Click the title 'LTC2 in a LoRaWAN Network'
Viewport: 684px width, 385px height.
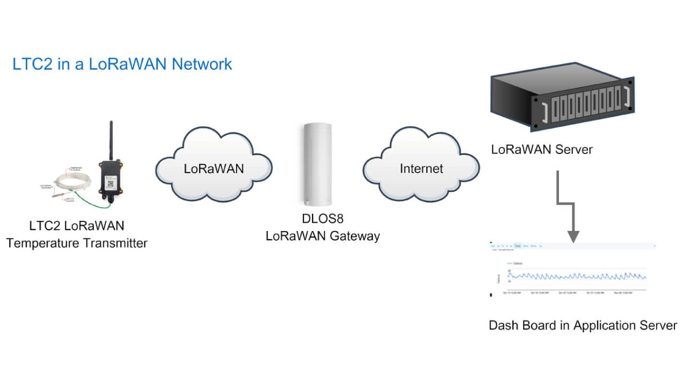pyautogui.click(x=122, y=64)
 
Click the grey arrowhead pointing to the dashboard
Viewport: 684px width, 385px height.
pyautogui.click(x=573, y=236)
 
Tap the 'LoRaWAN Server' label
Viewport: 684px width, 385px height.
pyautogui.click(x=542, y=150)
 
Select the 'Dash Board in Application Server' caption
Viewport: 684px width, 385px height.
pyautogui.click(x=583, y=326)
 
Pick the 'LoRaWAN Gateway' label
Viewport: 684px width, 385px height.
pyautogui.click(x=323, y=236)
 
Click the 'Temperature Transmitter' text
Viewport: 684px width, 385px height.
pyautogui.click(x=76, y=243)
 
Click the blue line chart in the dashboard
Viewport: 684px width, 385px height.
pyautogui.click(x=577, y=276)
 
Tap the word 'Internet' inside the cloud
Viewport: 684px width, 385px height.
pyautogui.click(x=422, y=169)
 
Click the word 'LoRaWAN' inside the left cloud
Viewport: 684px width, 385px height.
pyautogui.click(x=214, y=169)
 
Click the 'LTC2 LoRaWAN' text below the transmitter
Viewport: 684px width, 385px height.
pyautogui.click(x=76, y=226)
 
